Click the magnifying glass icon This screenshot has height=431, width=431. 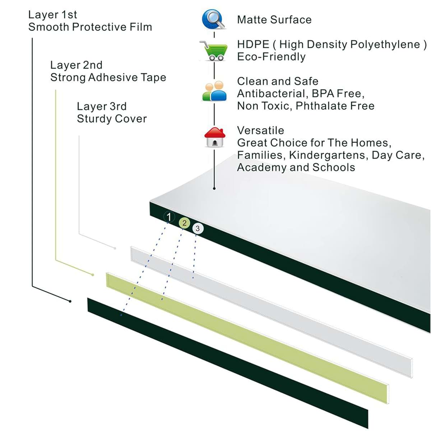tap(214, 19)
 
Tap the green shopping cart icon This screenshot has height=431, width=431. tap(214, 51)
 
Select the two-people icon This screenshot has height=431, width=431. tap(214, 91)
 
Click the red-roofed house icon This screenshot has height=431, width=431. tap(215, 137)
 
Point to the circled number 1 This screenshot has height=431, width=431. tap(169, 217)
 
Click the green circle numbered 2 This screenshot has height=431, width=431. tap(184, 223)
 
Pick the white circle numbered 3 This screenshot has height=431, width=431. tap(198, 228)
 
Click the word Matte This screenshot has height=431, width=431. tap(252, 20)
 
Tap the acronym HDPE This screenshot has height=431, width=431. tap(253, 44)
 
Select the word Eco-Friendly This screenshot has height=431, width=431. tap(271, 57)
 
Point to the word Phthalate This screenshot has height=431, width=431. tap(321, 106)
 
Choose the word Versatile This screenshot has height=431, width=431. tap(260, 130)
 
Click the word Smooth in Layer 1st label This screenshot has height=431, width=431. tap(48, 27)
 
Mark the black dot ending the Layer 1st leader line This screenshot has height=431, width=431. tap(70, 301)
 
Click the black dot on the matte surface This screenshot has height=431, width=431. tap(214, 189)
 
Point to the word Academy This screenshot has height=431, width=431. tap(261, 167)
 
